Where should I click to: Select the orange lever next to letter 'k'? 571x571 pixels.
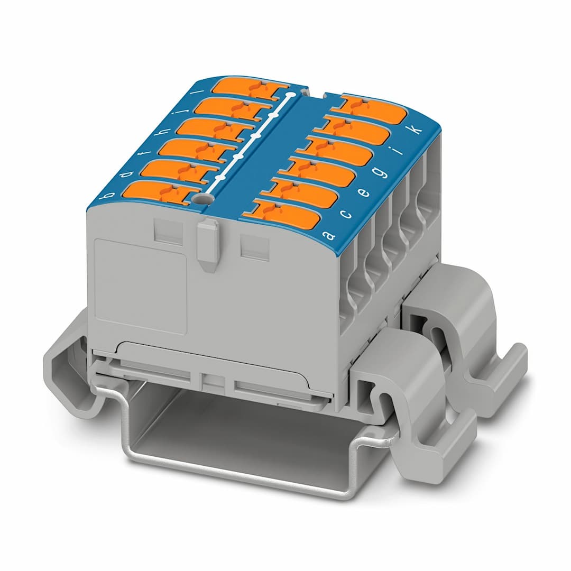[x=373, y=110]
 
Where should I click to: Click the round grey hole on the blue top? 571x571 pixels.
[x=201, y=199]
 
